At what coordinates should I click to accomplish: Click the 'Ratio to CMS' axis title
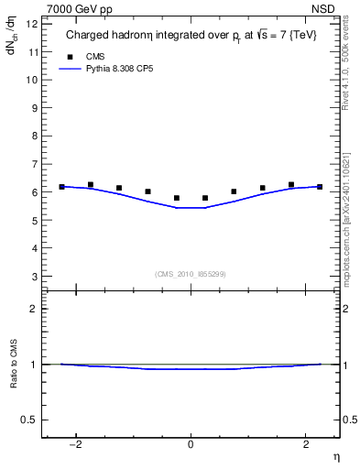pyautogui.click(x=14, y=379)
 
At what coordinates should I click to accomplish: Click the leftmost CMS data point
pyautogui.click(x=61, y=187)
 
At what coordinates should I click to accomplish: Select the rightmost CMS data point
pyautogui.click(x=320, y=187)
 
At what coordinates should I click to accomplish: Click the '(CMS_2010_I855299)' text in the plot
pyautogui.click(x=191, y=274)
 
